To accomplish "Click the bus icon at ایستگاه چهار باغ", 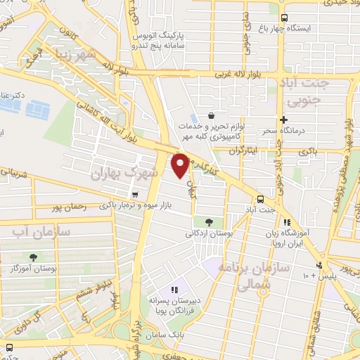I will pyautogui.click(x=283, y=18).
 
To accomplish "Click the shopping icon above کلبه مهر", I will pyautogui.click(x=210, y=115).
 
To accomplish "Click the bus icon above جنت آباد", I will pyautogui.click(x=260, y=199).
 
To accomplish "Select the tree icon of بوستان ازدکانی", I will pyautogui.click(x=208, y=221).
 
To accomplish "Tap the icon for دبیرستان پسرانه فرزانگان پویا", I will pyautogui.click(x=175, y=290).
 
